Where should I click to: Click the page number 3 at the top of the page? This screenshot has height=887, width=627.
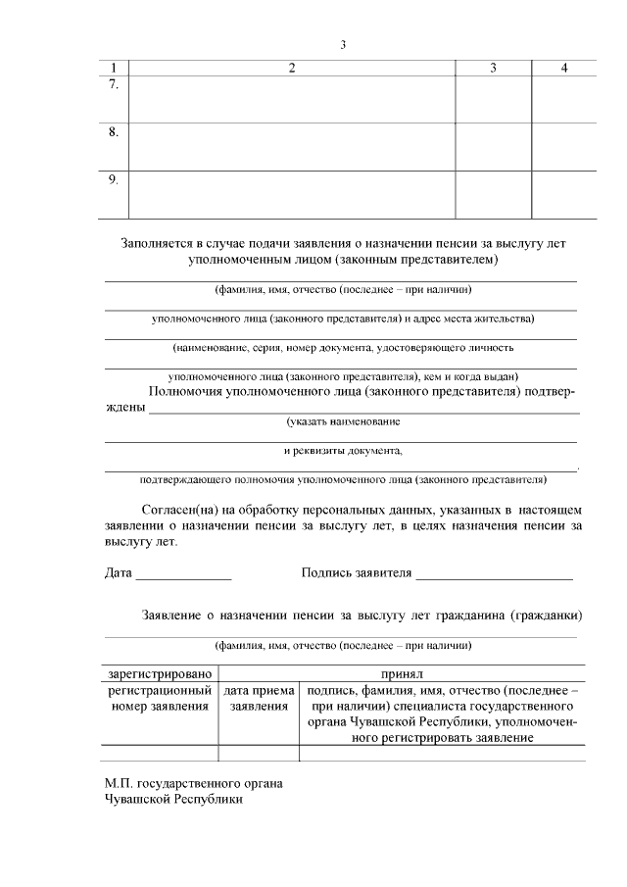(343, 44)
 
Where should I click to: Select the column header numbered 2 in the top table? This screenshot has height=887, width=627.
(292, 68)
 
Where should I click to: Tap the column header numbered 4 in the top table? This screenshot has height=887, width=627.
(564, 68)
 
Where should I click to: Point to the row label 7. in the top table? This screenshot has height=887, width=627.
(114, 85)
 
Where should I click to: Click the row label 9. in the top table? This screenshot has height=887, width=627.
(114, 178)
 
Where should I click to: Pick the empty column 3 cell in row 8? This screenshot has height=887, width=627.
(493, 146)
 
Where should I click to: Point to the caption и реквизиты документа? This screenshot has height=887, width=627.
(343, 451)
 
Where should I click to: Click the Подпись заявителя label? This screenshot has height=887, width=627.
(357, 572)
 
